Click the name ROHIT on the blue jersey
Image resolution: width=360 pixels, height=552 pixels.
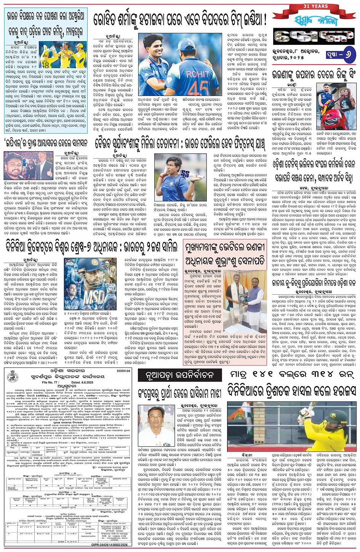pyautogui.click(x=197, y=74)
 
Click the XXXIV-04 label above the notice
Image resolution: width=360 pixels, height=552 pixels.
pyautogui.click(x=123, y=370)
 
